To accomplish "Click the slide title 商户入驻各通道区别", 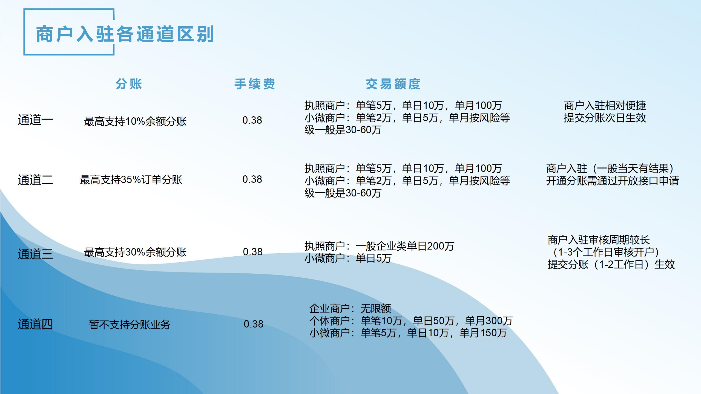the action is click(x=125, y=34).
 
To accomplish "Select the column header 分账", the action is click(x=129, y=84).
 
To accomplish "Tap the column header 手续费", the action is click(x=255, y=84).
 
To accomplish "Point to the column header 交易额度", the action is click(x=393, y=84).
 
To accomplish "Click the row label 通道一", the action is click(x=35, y=120).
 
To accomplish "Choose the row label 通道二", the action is click(x=35, y=180).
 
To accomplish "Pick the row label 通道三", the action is click(x=35, y=254).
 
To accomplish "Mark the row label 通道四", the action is click(x=35, y=324).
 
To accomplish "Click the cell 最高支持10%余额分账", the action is click(x=135, y=121).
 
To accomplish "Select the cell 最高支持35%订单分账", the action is click(x=131, y=180).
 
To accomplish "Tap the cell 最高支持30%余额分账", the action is click(x=135, y=252).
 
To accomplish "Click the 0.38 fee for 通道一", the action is click(x=252, y=120).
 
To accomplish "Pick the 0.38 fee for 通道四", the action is click(x=254, y=324).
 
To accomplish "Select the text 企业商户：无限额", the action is click(x=350, y=309).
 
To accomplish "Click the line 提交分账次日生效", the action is click(x=605, y=118).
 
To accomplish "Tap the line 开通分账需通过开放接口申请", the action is click(x=613, y=181).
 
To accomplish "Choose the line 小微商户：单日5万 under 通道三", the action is click(x=348, y=258).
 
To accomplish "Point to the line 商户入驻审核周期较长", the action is click(x=599, y=240).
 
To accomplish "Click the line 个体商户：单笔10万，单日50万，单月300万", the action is click(x=411, y=321).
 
